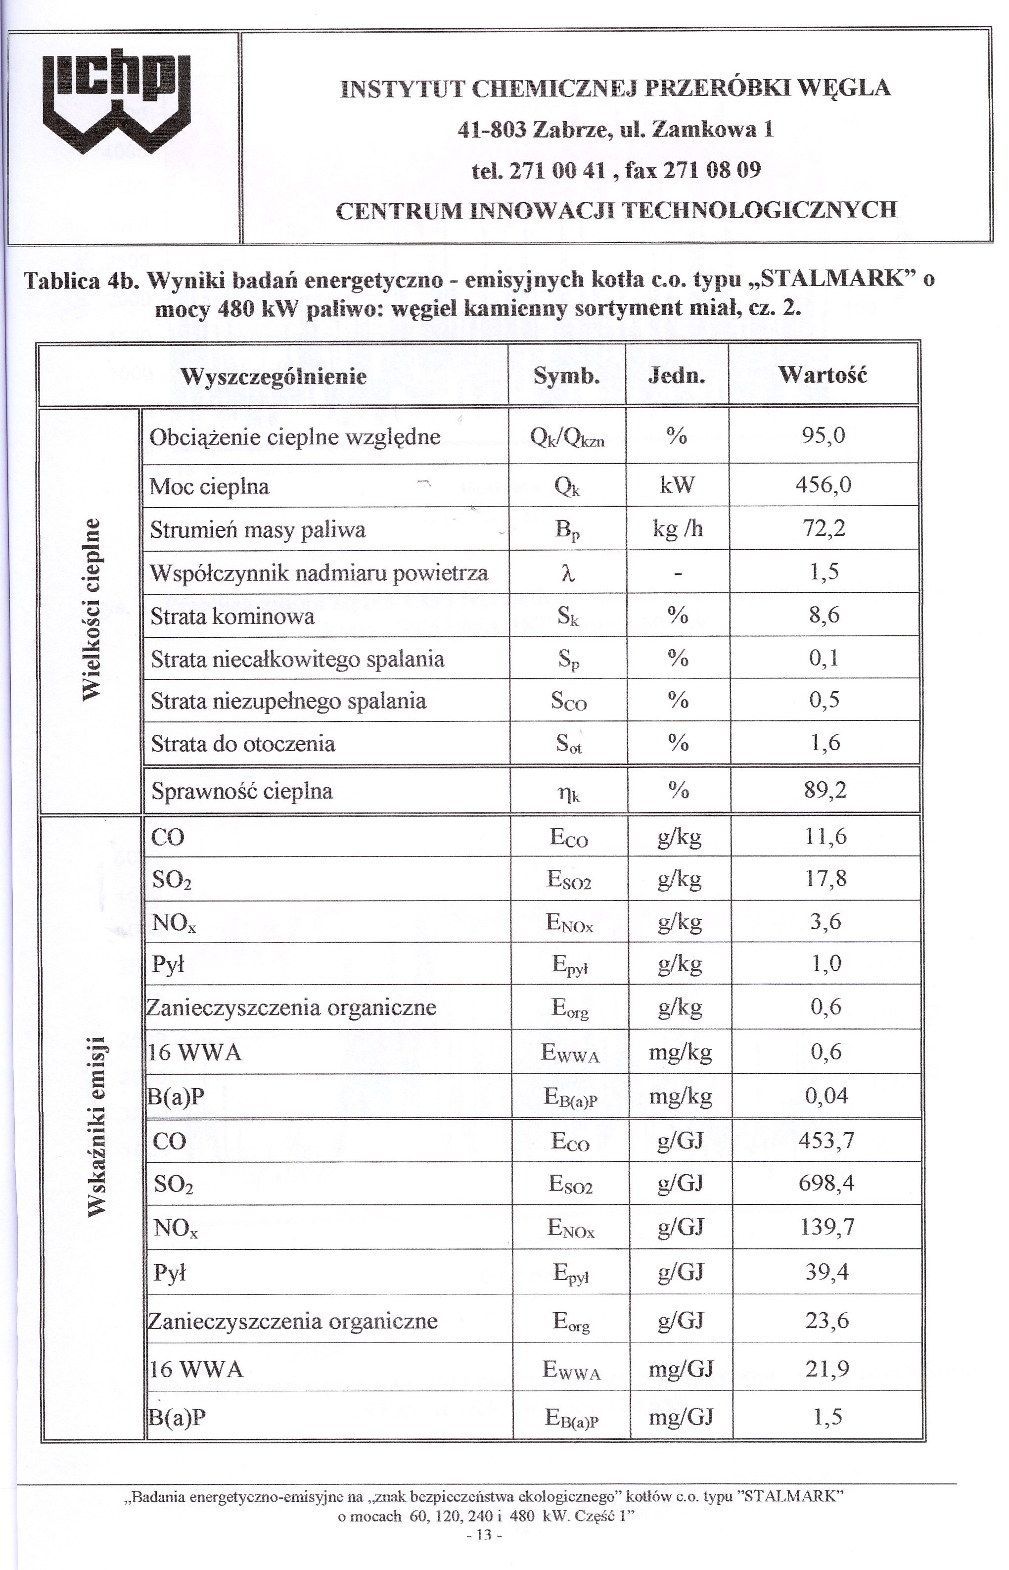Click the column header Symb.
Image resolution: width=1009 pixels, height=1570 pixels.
click(x=567, y=376)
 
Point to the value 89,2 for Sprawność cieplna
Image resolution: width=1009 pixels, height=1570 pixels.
click(x=825, y=790)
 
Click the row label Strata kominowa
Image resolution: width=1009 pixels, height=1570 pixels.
click(x=232, y=617)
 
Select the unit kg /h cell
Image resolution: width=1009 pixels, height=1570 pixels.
click(x=678, y=529)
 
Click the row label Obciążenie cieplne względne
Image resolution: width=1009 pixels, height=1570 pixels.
click(x=295, y=437)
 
